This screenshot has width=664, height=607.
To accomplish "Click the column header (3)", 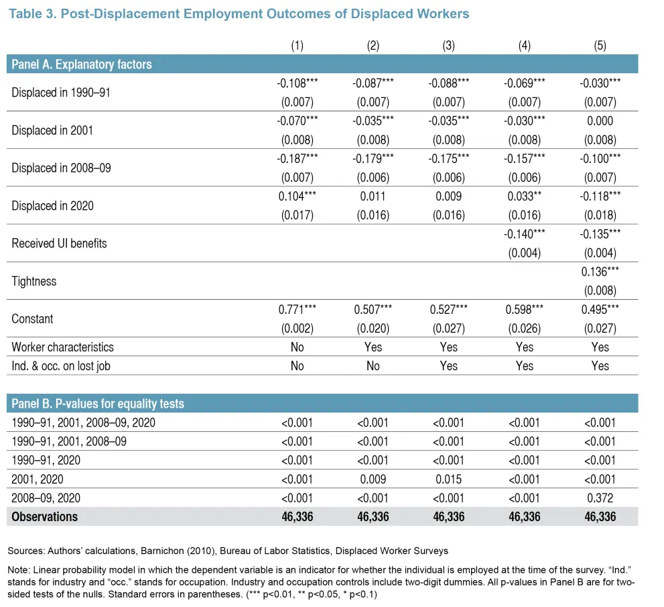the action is (448, 46).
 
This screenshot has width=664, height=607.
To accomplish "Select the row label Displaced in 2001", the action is (52, 130).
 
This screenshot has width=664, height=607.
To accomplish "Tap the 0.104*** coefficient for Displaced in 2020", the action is (297, 197).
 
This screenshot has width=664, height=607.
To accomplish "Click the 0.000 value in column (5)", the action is (600, 121).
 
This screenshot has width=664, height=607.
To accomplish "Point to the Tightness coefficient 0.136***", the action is (600, 272).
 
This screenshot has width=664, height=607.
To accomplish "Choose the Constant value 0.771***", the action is (297, 309).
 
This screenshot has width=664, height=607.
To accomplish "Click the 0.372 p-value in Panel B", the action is (600, 498).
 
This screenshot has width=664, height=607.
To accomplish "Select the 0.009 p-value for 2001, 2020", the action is (373, 479).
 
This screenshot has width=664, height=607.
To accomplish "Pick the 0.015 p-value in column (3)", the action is (448, 479).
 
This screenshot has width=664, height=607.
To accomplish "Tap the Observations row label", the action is (44, 516).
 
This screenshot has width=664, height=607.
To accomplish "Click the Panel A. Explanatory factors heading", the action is (81, 64).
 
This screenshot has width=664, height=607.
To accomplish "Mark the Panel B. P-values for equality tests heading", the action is (98, 404).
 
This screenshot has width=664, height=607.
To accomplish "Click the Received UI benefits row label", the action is (59, 243).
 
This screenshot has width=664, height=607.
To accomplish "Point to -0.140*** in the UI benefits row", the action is (524, 234).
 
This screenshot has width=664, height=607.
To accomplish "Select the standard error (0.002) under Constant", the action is (297, 329).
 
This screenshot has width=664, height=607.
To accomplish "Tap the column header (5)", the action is (600, 46).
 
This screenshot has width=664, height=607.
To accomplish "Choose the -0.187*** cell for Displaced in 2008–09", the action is (297, 158).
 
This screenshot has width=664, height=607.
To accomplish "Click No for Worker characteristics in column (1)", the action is (297, 347).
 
